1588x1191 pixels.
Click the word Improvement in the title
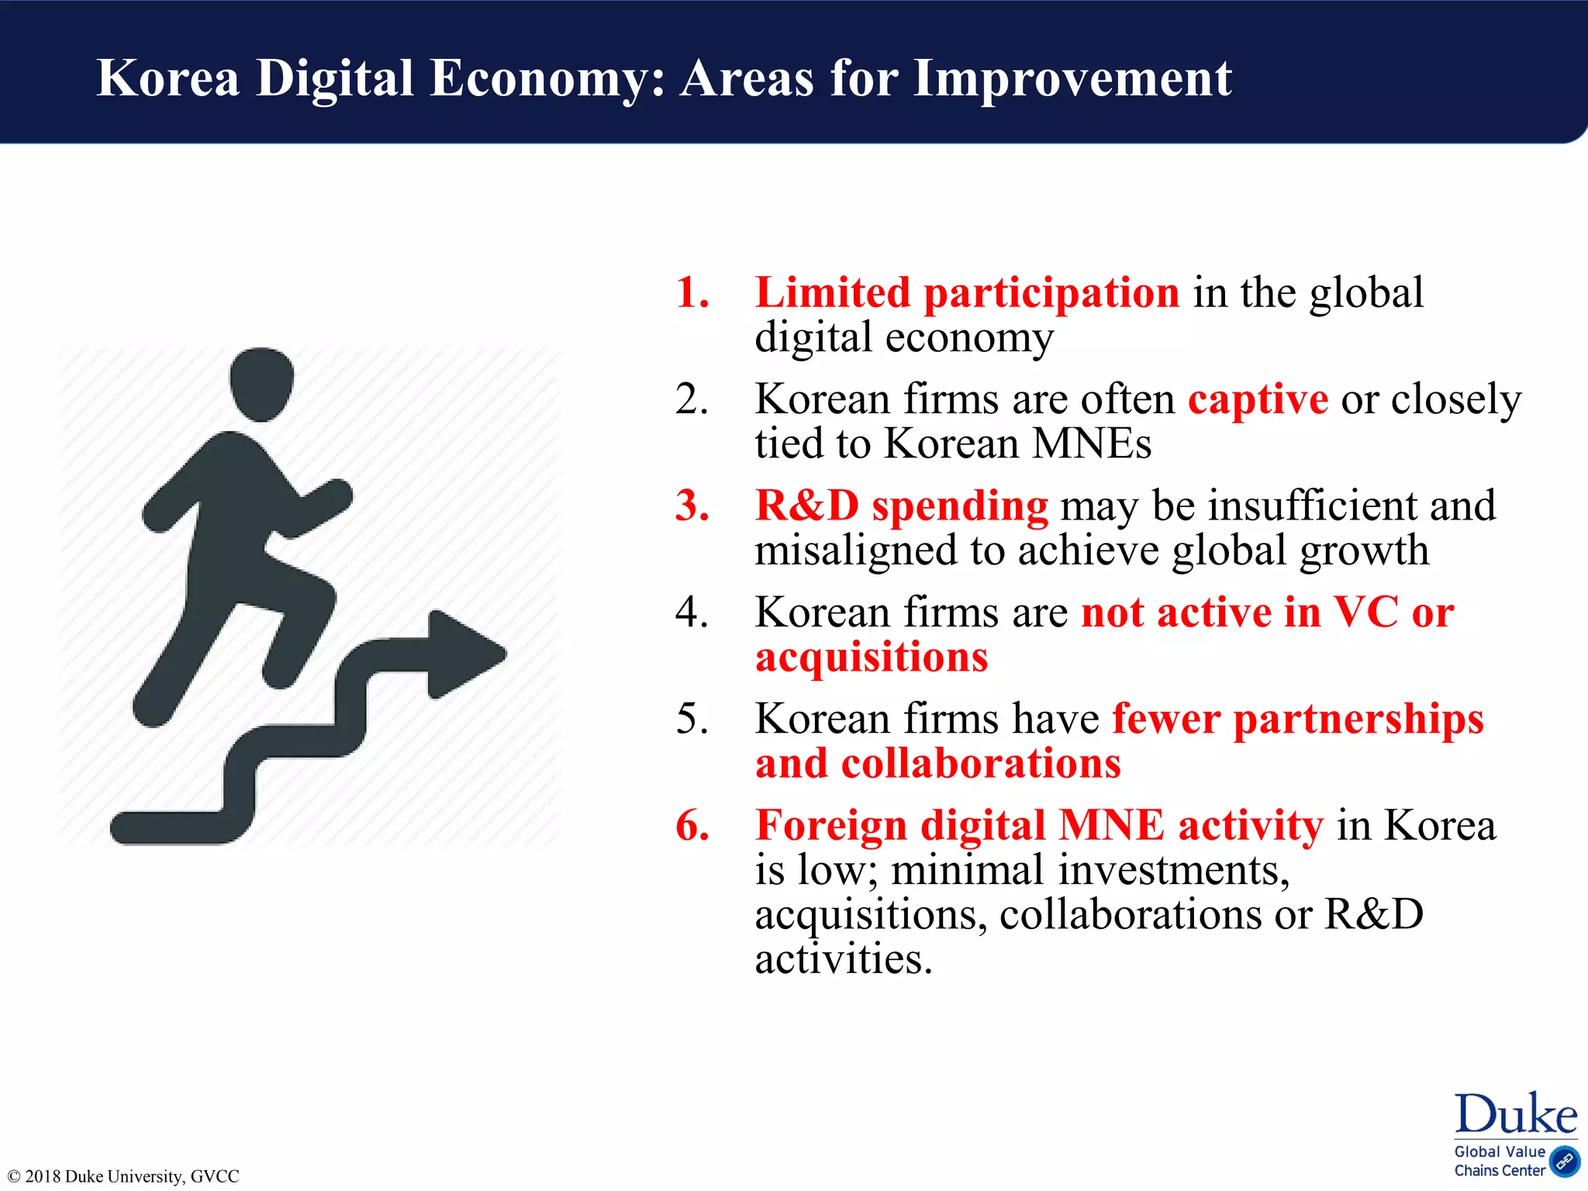1072,78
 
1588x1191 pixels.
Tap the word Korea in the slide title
167,78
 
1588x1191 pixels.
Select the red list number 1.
692,293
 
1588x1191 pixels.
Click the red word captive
1258,400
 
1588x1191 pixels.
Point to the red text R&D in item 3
807,506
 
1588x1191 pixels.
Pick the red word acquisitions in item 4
872,657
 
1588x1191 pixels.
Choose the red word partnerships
1358,719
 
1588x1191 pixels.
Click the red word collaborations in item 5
981,764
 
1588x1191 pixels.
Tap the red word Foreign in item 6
831,825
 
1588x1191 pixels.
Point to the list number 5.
692,719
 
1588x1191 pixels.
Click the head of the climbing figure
262,384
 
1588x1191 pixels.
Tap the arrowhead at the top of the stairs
465,654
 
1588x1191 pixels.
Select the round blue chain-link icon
1564,1161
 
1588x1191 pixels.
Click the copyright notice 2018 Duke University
123,1176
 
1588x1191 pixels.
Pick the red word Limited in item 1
833,293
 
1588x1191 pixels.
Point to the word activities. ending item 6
844,960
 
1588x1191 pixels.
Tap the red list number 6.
692,825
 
